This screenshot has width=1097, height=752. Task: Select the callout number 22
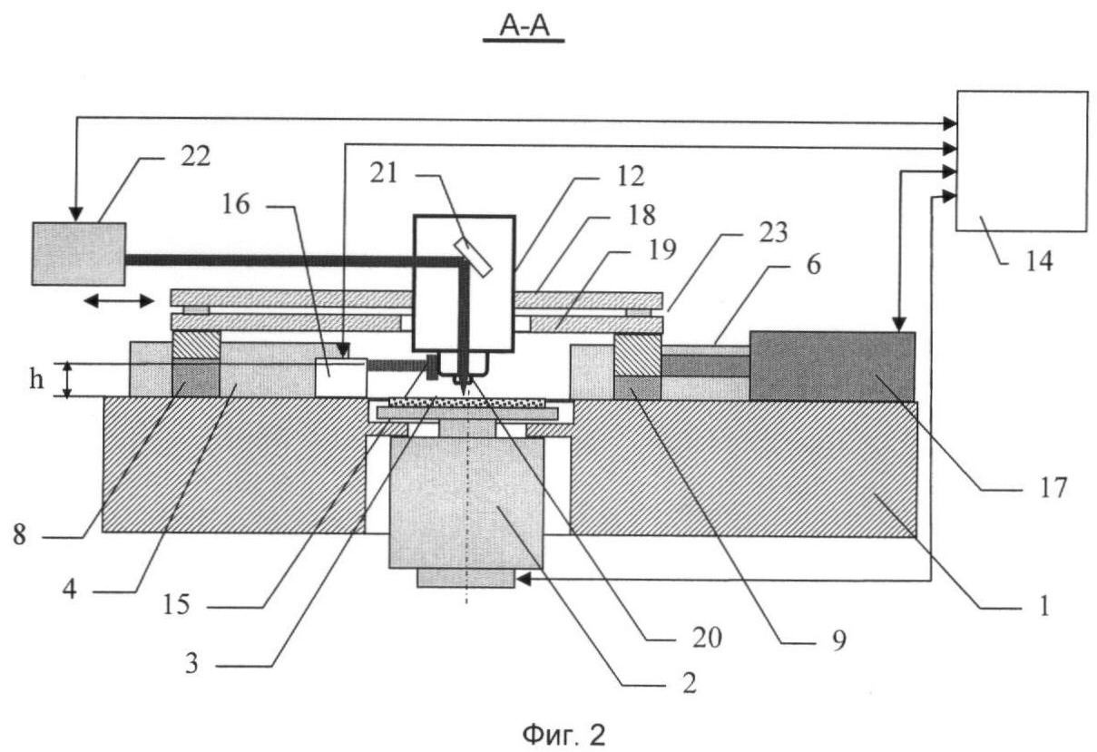[x=193, y=156]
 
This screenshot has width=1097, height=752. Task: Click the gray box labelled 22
[x=78, y=253]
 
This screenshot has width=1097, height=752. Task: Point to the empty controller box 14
[x=1021, y=161]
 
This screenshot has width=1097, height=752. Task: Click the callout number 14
[x=1039, y=262]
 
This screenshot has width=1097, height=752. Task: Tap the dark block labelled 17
[x=831, y=366]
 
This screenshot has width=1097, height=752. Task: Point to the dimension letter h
[x=36, y=379]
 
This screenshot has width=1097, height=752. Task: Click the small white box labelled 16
[x=340, y=376]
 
